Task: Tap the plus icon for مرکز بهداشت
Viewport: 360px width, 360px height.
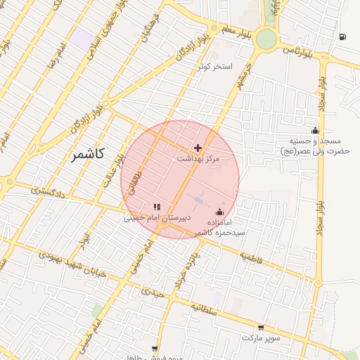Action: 198,148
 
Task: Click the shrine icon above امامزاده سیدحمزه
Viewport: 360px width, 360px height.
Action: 220,212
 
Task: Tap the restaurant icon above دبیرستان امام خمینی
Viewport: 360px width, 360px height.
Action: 157,207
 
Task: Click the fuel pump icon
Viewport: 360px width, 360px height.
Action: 342,37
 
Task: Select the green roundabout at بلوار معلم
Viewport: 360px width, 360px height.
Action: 266,39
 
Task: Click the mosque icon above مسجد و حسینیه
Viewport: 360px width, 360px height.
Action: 315,129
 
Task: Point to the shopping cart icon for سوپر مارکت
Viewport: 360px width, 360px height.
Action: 262,327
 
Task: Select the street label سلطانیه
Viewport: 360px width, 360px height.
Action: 209,308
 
